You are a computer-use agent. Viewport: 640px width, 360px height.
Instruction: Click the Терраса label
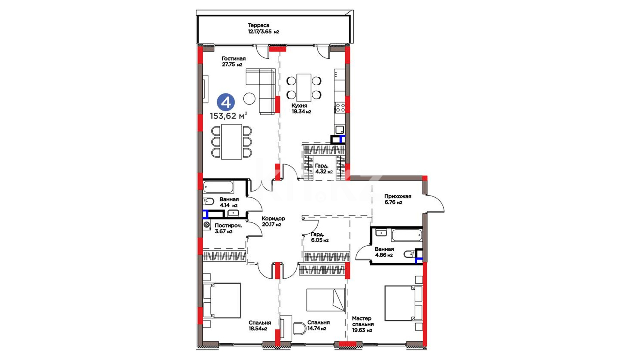259,25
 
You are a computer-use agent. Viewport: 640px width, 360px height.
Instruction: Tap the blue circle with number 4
226,102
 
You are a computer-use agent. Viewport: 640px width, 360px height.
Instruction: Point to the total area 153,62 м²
228,116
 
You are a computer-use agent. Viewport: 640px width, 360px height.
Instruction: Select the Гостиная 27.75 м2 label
234,61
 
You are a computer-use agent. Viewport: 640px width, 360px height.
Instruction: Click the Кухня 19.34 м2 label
301,109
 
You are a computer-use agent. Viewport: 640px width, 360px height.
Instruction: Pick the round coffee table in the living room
249,98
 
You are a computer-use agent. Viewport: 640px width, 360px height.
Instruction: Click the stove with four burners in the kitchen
340,107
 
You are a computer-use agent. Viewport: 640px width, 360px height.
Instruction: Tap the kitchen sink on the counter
340,130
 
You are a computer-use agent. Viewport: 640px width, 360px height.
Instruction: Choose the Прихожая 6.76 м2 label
398,199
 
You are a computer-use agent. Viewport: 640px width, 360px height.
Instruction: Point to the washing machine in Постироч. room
207,225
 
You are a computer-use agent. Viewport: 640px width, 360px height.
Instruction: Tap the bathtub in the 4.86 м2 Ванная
406,235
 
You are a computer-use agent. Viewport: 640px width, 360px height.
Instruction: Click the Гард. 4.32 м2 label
324,169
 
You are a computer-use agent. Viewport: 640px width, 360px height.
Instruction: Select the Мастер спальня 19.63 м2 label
363,324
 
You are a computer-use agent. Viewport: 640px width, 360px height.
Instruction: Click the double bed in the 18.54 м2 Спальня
222,300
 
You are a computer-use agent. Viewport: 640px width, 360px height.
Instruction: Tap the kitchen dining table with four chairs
304,88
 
